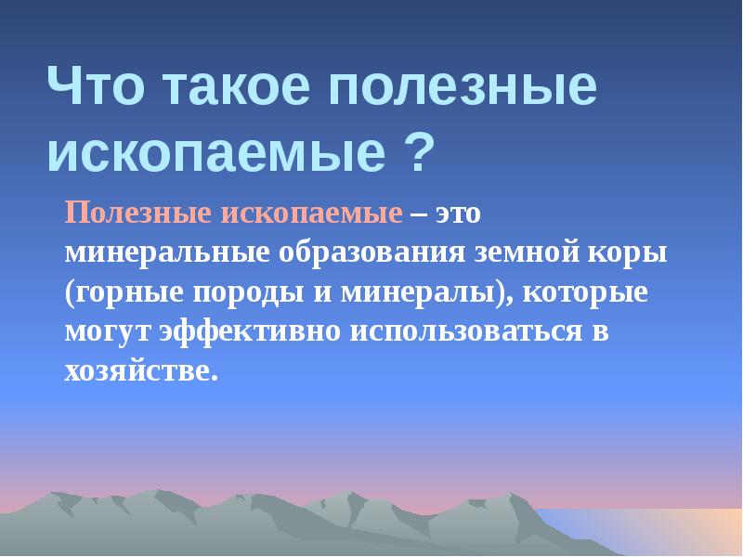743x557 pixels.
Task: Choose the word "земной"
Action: tap(527, 253)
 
